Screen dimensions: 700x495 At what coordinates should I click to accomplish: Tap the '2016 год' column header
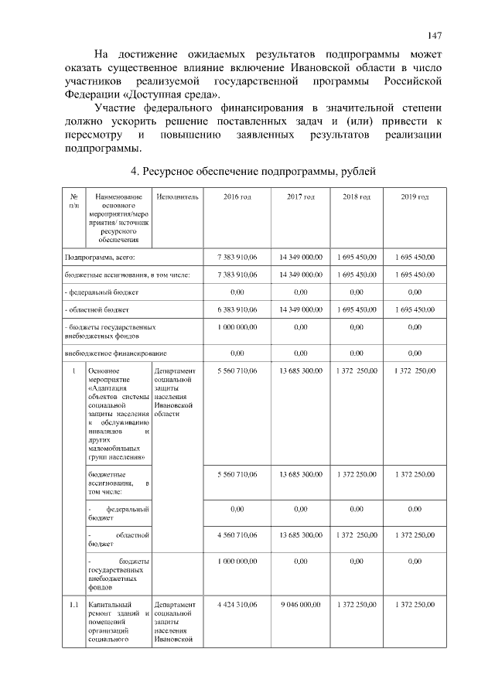(237, 197)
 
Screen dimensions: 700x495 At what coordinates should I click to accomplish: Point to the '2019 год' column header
(415, 197)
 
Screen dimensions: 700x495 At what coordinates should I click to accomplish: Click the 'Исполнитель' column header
(177, 197)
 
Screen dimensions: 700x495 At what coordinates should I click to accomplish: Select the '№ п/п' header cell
(73, 202)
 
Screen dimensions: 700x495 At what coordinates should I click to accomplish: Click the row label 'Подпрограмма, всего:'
(101, 256)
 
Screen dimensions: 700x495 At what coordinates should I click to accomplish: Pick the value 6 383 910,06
(237, 309)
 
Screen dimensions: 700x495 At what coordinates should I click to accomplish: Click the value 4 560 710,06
(237, 534)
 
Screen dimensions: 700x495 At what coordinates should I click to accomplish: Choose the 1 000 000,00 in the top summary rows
(237, 328)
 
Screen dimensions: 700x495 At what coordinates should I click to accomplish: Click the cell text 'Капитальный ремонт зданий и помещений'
(117, 614)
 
